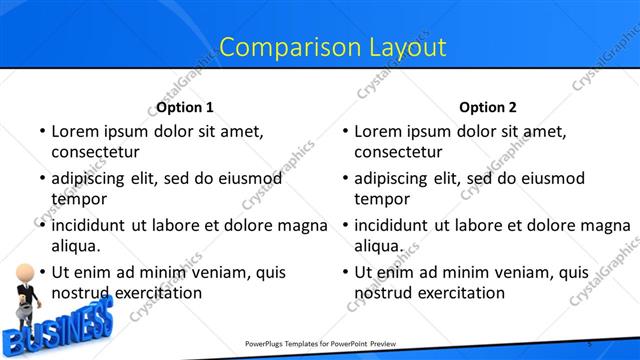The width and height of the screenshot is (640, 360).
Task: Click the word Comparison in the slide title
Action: pos(279,46)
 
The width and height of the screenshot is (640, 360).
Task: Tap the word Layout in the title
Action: pos(397,46)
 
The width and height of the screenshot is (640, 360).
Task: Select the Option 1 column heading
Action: pos(185,107)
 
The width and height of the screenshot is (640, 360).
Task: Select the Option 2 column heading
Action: pos(488,107)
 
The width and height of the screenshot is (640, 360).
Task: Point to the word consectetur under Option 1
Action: pos(95,152)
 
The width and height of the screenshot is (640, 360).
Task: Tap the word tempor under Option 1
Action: pos(77,199)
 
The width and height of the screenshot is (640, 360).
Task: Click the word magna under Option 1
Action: pos(304,225)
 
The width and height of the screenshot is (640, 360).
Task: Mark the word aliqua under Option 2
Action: pos(378,246)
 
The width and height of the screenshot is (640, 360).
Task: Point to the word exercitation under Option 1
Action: pos(155,293)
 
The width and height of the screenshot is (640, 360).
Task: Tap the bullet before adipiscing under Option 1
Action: pos(41,179)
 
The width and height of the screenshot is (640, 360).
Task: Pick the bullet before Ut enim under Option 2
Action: pos(344,272)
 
